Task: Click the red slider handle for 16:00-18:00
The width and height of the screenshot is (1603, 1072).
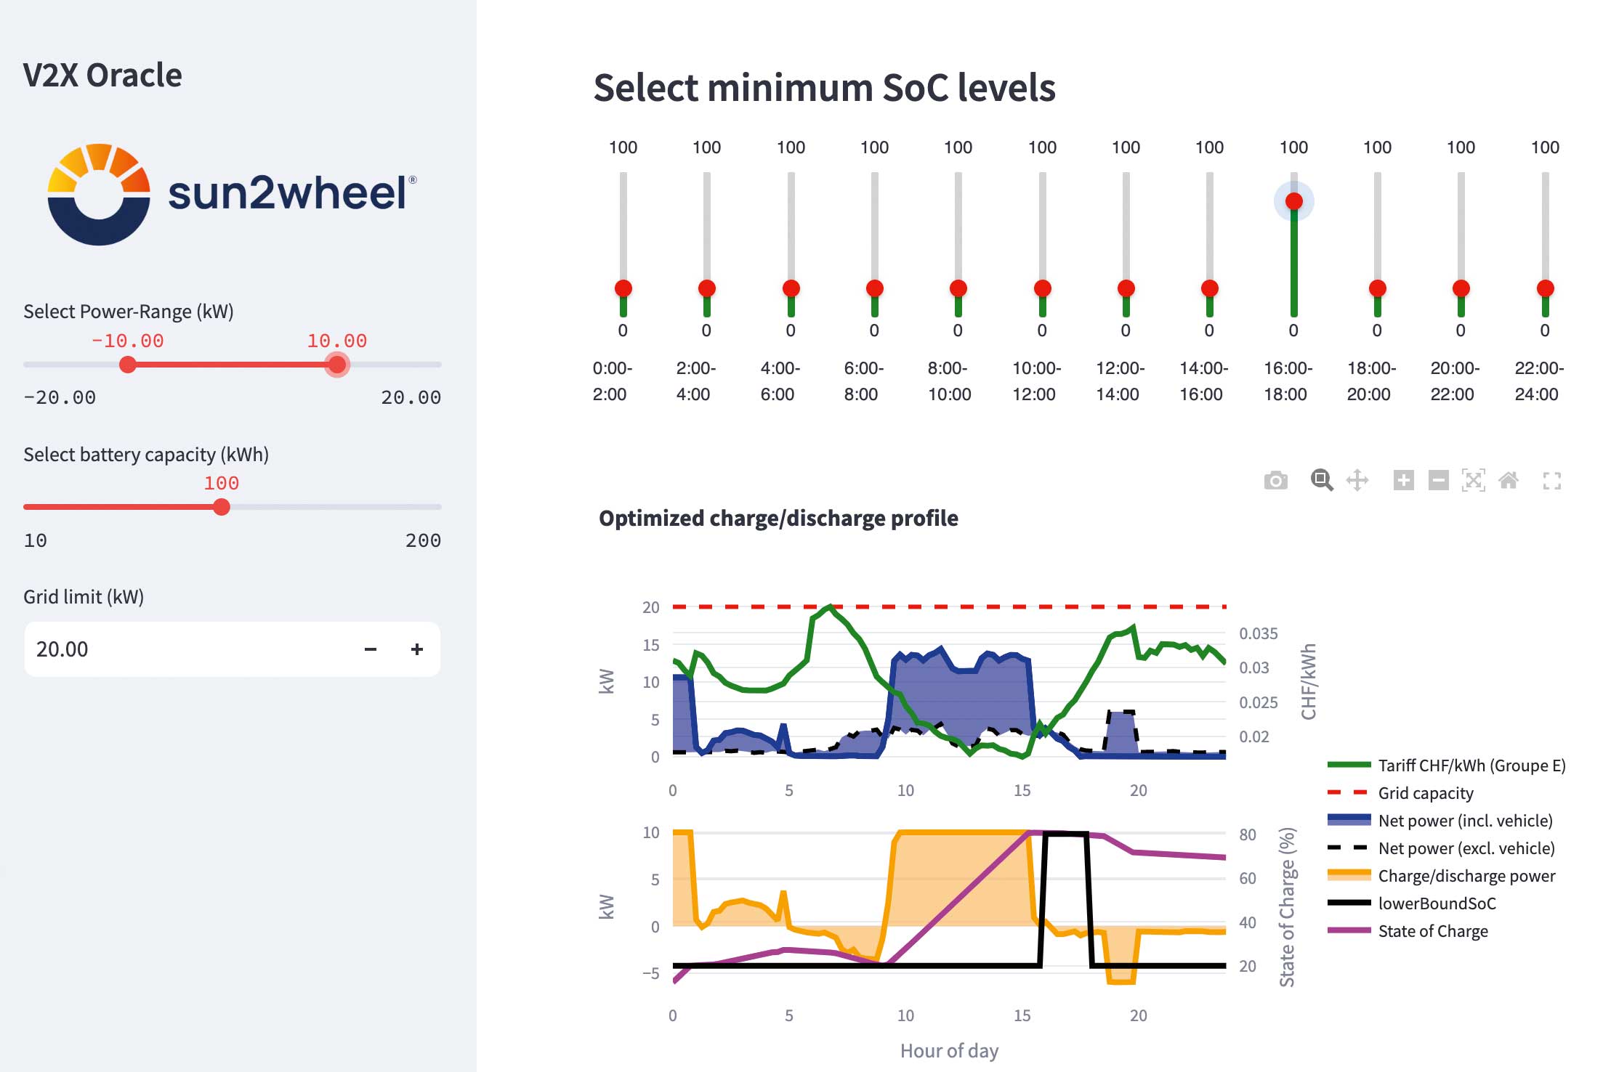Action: pyautogui.click(x=1293, y=201)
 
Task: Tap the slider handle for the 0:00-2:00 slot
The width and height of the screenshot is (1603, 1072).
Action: pyautogui.click(x=623, y=288)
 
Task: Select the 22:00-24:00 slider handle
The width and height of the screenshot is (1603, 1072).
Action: pyautogui.click(x=1545, y=288)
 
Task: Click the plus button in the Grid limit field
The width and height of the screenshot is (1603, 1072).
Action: pyautogui.click(x=416, y=649)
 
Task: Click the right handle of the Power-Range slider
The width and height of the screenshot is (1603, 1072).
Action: pyautogui.click(x=336, y=364)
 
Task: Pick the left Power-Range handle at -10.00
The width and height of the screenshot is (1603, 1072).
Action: pyautogui.click(x=128, y=364)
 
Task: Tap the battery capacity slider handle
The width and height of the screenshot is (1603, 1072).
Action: pyautogui.click(x=222, y=507)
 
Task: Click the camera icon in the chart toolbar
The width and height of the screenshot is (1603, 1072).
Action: pyautogui.click(x=1275, y=480)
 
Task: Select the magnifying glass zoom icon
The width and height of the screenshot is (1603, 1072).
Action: pyautogui.click(x=1321, y=480)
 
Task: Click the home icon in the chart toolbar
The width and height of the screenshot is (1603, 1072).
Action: pyautogui.click(x=1509, y=480)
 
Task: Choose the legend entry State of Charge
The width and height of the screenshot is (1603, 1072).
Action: pyautogui.click(x=1432, y=931)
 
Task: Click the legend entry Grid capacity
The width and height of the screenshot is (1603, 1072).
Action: pyautogui.click(x=1425, y=793)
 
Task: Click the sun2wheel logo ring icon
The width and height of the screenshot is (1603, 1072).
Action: pyautogui.click(x=99, y=195)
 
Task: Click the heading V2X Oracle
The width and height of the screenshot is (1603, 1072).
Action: pyautogui.click(x=102, y=76)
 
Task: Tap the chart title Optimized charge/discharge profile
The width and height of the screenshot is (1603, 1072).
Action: pyautogui.click(x=778, y=518)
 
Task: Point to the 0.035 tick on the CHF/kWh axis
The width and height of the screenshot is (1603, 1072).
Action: pyautogui.click(x=1258, y=633)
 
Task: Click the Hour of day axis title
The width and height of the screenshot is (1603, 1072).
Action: pyautogui.click(x=949, y=1050)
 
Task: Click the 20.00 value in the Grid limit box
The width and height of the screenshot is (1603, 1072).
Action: pyautogui.click(x=62, y=649)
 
